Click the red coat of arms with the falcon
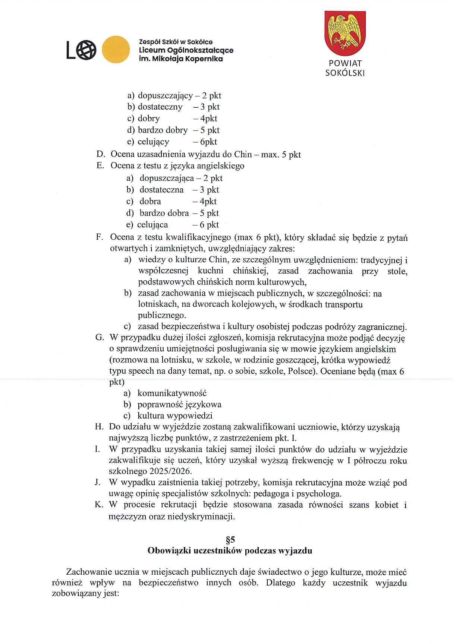coord(345,34)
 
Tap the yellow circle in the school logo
coord(116,50)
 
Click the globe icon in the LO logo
coord(87,50)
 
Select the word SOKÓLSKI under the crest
coord(345,73)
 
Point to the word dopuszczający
coord(165,96)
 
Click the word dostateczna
coord(161,190)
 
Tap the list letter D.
coord(100,154)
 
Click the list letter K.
coord(99,505)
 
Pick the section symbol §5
coord(230,539)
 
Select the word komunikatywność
coord(172,393)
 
